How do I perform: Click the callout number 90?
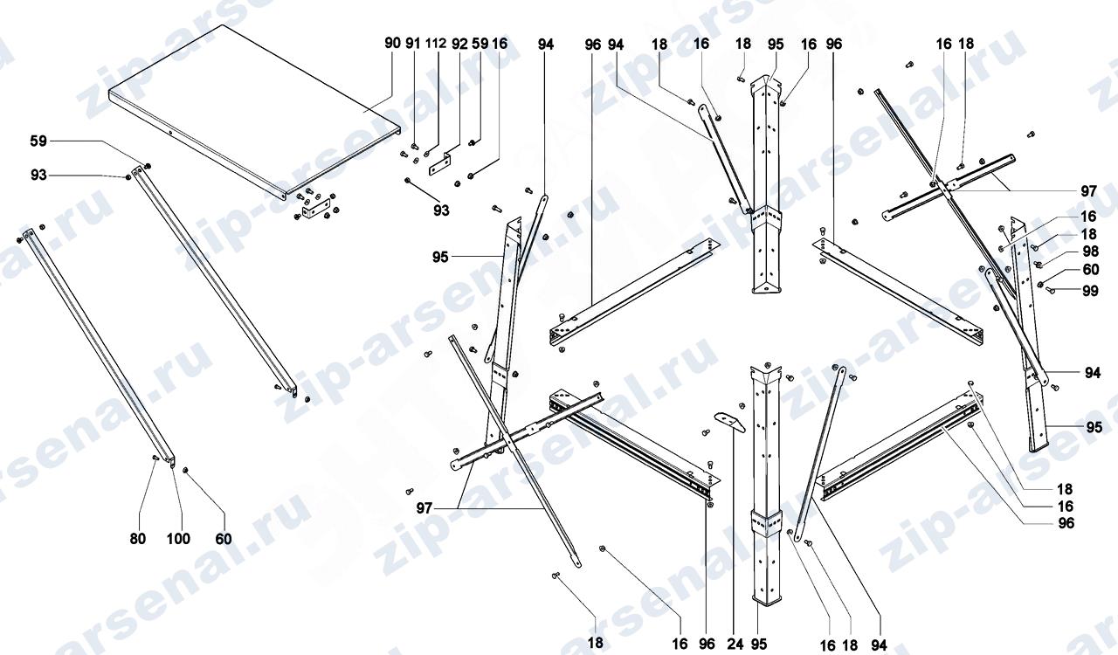click(392, 43)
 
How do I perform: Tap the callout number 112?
click(435, 43)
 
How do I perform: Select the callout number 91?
click(413, 43)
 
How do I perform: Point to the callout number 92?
click(459, 44)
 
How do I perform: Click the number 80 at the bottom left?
click(138, 539)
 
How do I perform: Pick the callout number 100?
click(178, 539)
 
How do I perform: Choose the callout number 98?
click(1091, 252)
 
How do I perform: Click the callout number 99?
click(1091, 291)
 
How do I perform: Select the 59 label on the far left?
click(38, 141)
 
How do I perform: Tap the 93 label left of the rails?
click(38, 176)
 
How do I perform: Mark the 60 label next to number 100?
click(224, 539)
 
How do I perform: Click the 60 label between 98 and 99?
click(1091, 270)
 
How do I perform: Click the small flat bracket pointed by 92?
click(439, 164)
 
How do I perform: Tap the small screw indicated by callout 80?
click(155, 458)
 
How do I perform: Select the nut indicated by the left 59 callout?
click(148, 166)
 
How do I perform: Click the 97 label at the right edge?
click(1089, 191)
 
